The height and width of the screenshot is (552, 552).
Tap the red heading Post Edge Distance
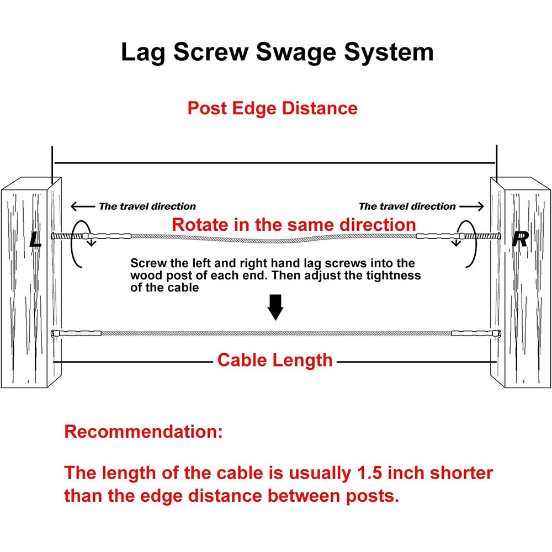tap(273, 108)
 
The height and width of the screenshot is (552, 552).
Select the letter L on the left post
tap(35, 240)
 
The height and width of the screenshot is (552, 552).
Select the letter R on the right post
tap(520, 240)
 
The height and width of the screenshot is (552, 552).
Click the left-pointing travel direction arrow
tap(83, 206)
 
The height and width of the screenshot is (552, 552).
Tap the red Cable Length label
tap(275, 360)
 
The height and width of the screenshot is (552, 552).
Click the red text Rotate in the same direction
tap(294, 225)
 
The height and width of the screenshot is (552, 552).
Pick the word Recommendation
tap(144, 432)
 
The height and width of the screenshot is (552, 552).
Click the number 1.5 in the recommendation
tap(370, 473)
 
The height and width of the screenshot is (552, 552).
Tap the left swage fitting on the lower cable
tap(78, 333)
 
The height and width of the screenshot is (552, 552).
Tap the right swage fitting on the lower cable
tap(474, 333)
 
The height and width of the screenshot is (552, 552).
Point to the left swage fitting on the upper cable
tap(108, 236)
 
